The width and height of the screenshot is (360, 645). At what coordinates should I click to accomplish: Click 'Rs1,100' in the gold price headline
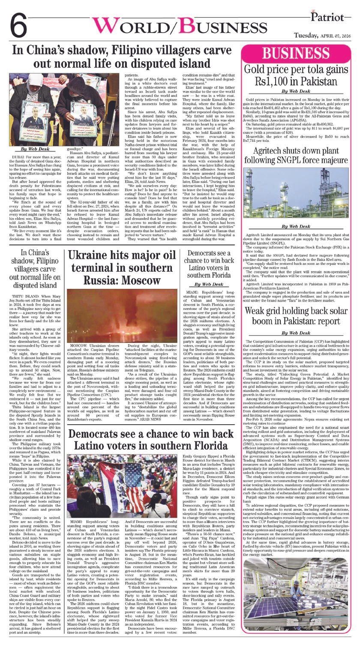pos(271,81)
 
